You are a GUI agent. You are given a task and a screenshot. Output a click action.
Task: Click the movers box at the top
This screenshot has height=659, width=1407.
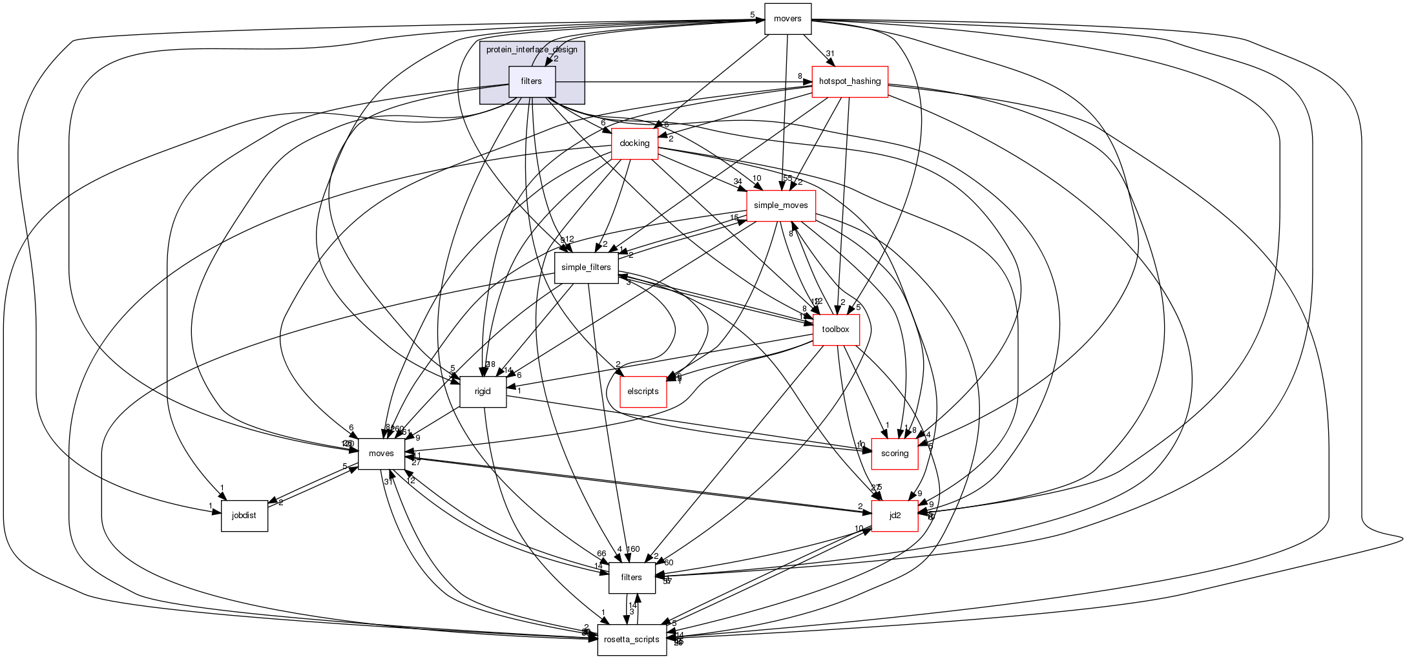[x=787, y=19]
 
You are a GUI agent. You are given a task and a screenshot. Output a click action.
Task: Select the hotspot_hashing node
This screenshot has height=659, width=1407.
[x=849, y=81]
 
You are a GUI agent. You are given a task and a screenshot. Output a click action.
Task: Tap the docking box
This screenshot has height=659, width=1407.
[x=634, y=143]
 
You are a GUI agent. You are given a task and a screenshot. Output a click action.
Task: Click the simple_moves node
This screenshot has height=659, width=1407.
[x=780, y=205]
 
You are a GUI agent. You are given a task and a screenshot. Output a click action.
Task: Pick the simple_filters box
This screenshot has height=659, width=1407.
[x=586, y=267]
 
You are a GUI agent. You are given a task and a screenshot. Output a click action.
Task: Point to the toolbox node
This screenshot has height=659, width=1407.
[x=835, y=329]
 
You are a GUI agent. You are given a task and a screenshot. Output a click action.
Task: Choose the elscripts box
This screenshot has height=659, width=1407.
[x=643, y=392]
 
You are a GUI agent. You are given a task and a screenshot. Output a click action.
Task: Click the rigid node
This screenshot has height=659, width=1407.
[x=483, y=392]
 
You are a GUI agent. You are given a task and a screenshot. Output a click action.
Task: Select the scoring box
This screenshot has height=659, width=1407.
[x=895, y=454]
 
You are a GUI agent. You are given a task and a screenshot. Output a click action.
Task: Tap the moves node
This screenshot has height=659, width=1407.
[x=381, y=454]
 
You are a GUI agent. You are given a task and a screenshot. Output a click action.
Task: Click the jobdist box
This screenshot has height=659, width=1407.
[x=244, y=516]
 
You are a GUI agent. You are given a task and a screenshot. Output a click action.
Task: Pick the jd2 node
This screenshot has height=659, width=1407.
[x=895, y=516]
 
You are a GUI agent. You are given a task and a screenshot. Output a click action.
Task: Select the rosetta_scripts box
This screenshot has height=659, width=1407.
[x=632, y=640]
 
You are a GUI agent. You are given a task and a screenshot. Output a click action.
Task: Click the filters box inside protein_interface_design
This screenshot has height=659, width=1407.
[x=532, y=81]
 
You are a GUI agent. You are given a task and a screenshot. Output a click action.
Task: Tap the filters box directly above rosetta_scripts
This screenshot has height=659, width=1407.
[x=631, y=578]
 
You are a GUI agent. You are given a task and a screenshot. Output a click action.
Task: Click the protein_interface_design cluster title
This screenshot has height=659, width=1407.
[x=532, y=50]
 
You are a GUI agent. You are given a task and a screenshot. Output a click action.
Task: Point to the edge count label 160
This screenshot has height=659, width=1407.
[x=633, y=549]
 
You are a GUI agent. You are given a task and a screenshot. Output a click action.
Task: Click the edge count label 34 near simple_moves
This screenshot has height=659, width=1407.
[x=737, y=182]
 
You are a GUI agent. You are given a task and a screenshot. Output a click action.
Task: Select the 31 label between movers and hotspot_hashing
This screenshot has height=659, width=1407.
[x=830, y=54]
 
